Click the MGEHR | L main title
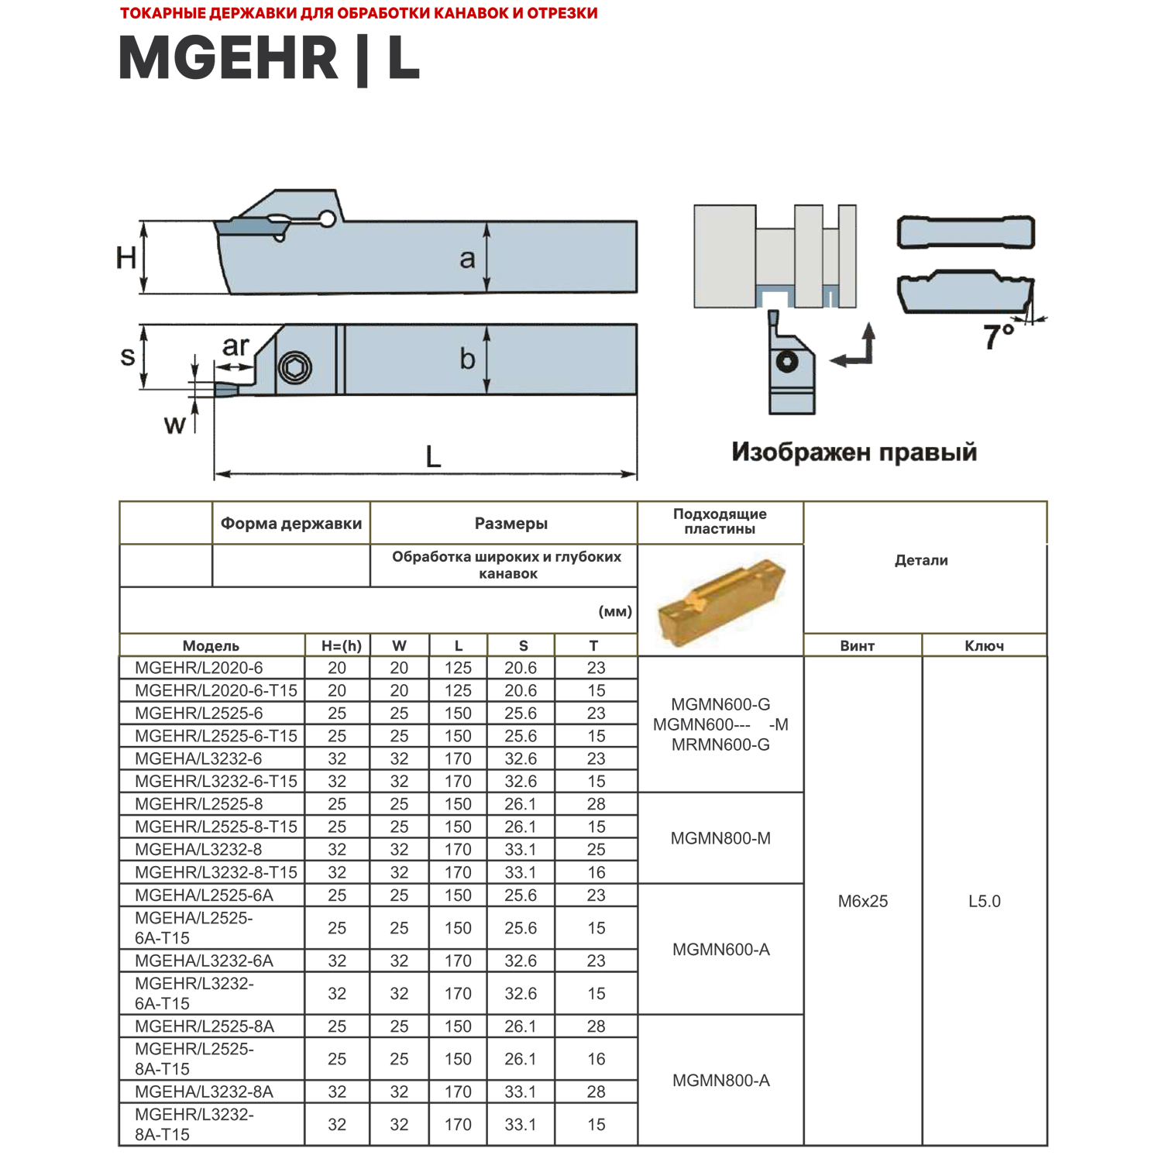(x=269, y=59)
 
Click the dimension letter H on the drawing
(x=126, y=257)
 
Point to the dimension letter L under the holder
(x=433, y=456)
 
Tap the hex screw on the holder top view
(x=295, y=367)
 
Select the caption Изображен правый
(x=854, y=452)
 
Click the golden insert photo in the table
(x=720, y=601)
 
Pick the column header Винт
(x=857, y=645)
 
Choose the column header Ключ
(x=984, y=645)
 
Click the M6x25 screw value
(x=862, y=901)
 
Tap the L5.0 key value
(x=984, y=901)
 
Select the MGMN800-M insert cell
(x=720, y=838)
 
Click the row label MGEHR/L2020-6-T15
(x=215, y=690)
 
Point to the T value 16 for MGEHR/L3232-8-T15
(x=596, y=872)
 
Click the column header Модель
(x=211, y=645)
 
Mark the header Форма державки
(x=291, y=523)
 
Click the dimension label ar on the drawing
(x=235, y=346)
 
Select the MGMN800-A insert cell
(x=720, y=1080)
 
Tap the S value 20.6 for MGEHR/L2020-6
(x=521, y=668)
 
